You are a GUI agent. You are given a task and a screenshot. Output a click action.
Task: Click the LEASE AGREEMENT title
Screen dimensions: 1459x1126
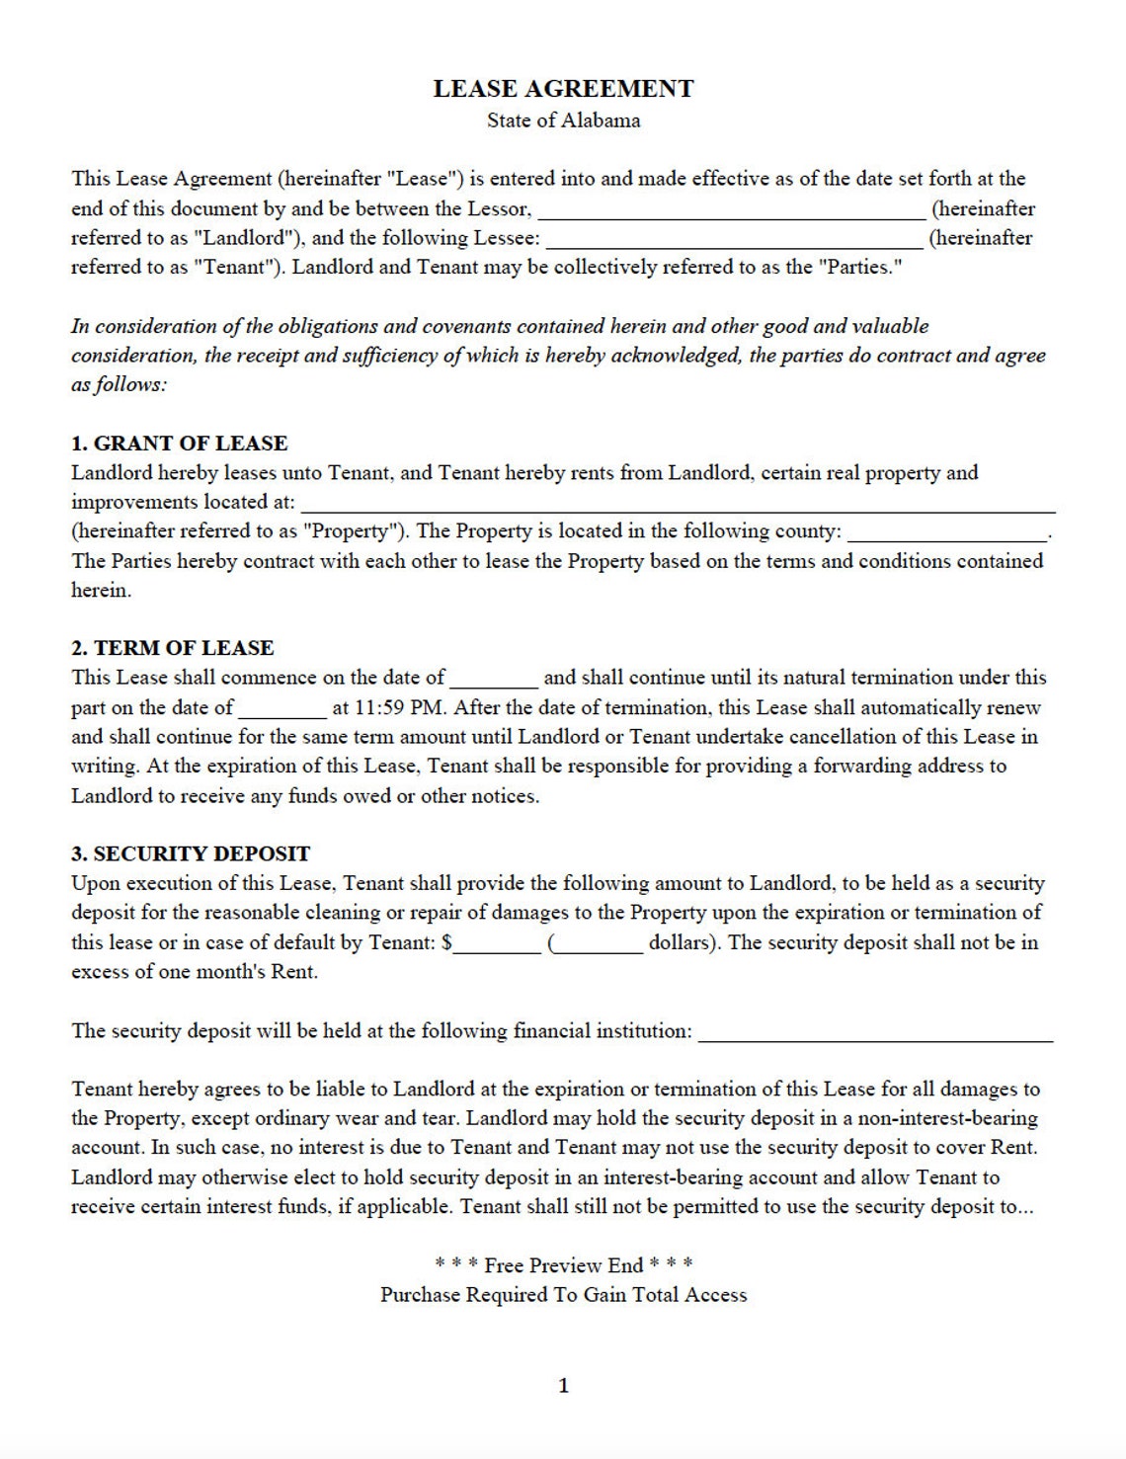click(563, 89)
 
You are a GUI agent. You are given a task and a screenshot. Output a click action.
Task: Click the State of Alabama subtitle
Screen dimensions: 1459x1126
click(563, 121)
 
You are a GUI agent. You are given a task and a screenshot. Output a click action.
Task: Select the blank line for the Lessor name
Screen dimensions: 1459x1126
click(731, 211)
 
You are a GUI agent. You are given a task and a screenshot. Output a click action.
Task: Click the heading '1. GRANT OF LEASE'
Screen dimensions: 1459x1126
click(179, 444)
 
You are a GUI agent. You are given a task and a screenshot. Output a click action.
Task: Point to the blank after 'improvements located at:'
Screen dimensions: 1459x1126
click(678, 505)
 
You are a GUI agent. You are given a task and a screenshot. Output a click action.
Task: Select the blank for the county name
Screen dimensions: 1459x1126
click(947, 534)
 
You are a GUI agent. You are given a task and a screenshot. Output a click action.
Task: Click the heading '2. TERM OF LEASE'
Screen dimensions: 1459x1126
click(172, 648)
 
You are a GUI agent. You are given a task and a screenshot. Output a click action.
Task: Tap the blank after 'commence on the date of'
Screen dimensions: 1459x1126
click(494, 681)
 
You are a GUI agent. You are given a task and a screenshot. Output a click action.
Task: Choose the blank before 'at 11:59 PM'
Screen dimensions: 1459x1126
click(281, 710)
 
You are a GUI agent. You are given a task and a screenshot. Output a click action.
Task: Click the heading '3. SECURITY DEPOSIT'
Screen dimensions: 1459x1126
click(191, 853)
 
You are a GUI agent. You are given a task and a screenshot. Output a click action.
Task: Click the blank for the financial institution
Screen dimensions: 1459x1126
click(875, 1034)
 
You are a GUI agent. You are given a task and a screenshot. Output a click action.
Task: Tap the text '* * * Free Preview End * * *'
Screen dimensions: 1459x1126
click(563, 1265)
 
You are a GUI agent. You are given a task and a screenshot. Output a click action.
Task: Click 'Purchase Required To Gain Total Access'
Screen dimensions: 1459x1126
click(563, 1295)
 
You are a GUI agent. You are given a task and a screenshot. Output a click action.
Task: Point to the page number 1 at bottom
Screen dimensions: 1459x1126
click(564, 1386)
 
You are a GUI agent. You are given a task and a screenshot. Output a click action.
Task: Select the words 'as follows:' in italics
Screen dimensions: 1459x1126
click(119, 384)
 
